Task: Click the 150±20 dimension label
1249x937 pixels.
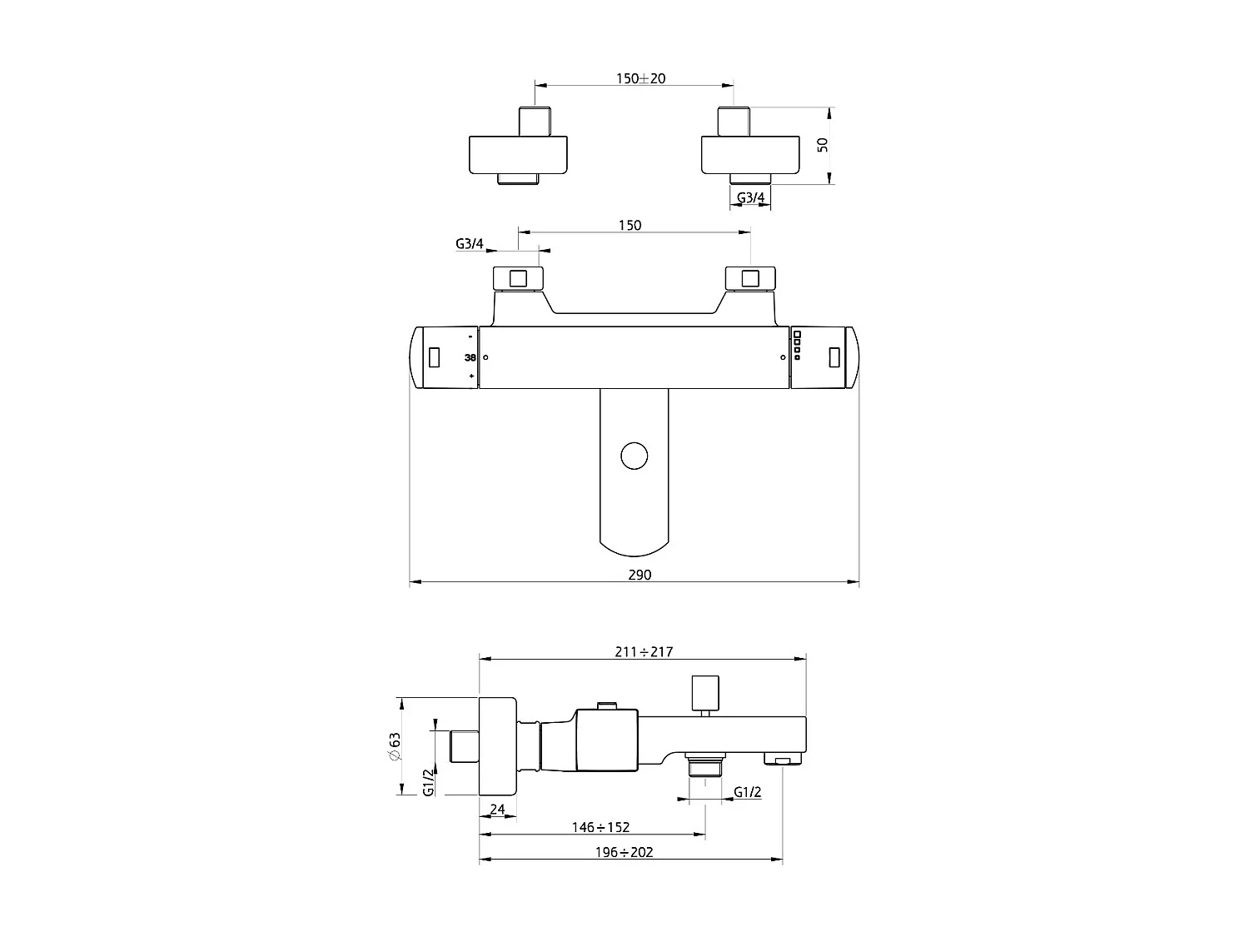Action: [x=640, y=78]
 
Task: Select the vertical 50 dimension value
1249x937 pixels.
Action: [x=822, y=144]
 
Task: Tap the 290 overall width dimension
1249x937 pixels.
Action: [x=639, y=575]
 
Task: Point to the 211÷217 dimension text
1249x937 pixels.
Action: [x=644, y=652]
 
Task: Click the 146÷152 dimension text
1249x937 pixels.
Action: [x=601, y=827]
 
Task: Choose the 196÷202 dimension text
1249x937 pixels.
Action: [x=624, y=852]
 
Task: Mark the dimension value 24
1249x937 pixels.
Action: [x=497, y=809]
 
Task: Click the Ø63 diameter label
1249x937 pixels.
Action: [x=395, y=747]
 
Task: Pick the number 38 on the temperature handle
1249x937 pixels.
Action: [x=470, y=358]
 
